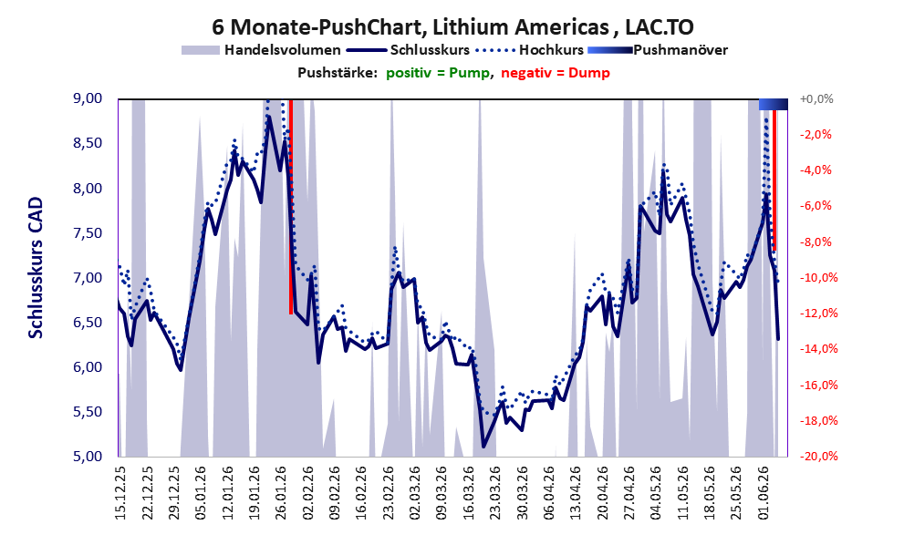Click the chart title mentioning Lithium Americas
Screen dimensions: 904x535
tap(452, 26)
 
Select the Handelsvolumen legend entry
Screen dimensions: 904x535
tap(261, 50)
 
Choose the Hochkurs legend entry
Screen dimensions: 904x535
tap(529, 50)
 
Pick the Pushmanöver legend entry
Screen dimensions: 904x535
tap(658, 50)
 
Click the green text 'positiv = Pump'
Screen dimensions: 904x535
tap(438, 73)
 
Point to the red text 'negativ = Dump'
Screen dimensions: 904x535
tap(556, 73)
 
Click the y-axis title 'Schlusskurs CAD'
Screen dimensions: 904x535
tap(36, 268)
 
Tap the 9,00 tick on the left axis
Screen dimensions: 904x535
tap(88, 98)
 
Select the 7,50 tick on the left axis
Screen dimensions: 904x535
tap(88, 233)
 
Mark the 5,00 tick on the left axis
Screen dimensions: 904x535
tap(88, 457)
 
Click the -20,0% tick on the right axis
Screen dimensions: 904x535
tap(818, 457)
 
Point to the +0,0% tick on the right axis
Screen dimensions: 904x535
tap(816, 99)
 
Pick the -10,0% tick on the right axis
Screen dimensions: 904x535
tap(818, 278)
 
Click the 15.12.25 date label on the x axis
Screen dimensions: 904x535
tap(120, 493)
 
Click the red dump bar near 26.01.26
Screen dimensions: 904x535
tap(291, 207)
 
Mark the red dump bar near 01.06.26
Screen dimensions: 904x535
tap(774, 180)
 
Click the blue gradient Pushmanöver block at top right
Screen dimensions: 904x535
tap(774, 104)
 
